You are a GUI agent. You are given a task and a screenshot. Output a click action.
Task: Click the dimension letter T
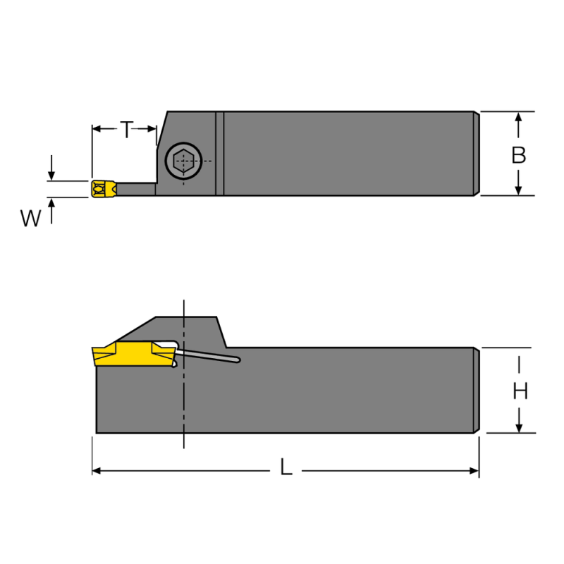pyautogui.click(x=125, y=130)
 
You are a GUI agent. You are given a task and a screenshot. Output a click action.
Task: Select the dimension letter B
pyautogui.click(x=518, y=155)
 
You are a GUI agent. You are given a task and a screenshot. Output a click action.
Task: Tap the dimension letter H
pyautogui.click(x=520, y=391)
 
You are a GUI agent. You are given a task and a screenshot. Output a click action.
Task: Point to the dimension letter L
pyautogui.click(x=286, y=467)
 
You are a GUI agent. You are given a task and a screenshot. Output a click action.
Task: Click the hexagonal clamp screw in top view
pyautogui.click(x=182, y=161)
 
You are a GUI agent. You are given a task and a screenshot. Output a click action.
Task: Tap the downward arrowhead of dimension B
pyautogui.click(x=518, y=190)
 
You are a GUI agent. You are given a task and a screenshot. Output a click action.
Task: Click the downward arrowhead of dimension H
pyautogui.click(x=520, y=427)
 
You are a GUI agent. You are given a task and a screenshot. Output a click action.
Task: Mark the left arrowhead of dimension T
pyautogui.click(x=97, y=129)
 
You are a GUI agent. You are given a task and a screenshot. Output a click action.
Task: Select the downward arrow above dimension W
pyautogui.click(x=51, y=175)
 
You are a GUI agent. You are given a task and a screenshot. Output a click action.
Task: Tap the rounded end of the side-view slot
pyautogui.click(x=237, y=360)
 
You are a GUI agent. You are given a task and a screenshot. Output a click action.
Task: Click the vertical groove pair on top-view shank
pyautogui.click(x=219, y=153)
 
